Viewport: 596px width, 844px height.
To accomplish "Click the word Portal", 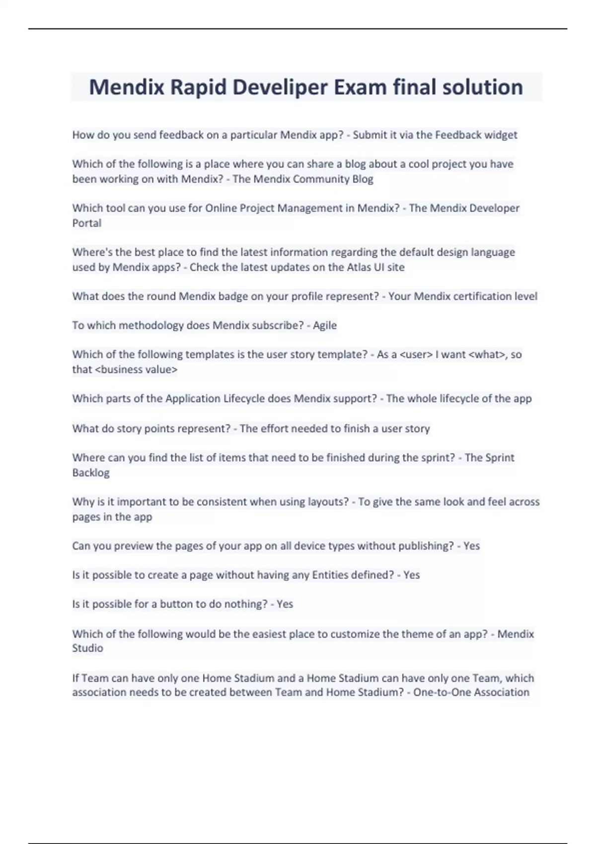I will click(x=87, y=223).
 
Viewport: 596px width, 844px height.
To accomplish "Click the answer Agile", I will click(x=325, y=326).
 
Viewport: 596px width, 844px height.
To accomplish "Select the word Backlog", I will click(x=91, y=473).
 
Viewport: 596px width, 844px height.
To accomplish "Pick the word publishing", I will click(x=427, y=546).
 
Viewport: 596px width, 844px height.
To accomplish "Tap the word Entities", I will click(x=330, y=575).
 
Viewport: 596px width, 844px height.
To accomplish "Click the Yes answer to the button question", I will click(x=285, y=604).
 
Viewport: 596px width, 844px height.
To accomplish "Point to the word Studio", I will click(x=87, y=648).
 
